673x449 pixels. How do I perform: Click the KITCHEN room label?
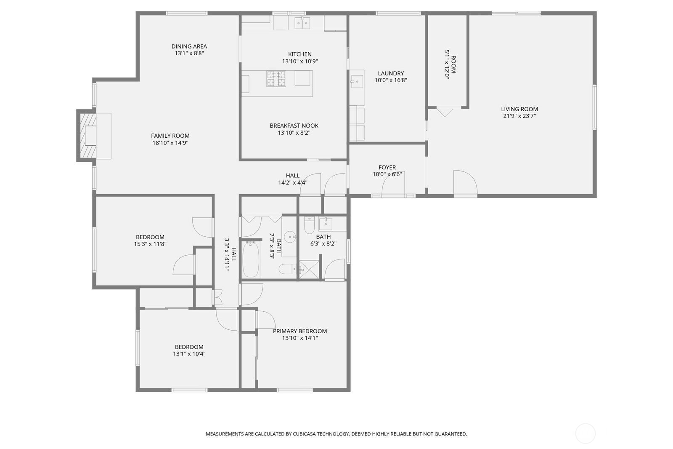coord(299,54)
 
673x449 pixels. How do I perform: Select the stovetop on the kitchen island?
coord(276,78)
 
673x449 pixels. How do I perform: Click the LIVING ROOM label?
coord(519,109)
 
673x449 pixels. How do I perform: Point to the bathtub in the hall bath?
coord(251,259)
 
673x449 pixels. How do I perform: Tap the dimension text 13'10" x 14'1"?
coord(299,338)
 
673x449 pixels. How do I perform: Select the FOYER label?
coord(387,167)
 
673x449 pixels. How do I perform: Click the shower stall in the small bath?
coord(309,270)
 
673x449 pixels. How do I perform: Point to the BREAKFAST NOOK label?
coord(294,126)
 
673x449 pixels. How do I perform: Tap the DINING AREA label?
coord(189,46)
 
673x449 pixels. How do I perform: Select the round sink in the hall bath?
coord(290,238)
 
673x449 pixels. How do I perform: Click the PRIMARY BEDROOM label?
coord(299,331)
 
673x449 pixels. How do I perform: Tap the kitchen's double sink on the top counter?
coord(301,22)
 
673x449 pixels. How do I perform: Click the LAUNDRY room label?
coord(390,73)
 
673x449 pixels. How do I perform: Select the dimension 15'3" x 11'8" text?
coord(150,244)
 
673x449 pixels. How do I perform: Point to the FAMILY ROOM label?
coord(170,136)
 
